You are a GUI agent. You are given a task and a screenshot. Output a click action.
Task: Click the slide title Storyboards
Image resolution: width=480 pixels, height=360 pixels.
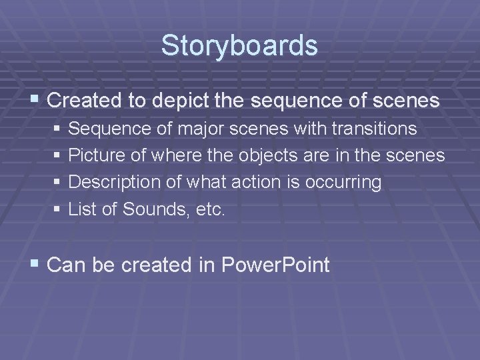[239, 46]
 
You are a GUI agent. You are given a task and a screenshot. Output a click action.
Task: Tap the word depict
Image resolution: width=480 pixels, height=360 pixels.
[177, 101]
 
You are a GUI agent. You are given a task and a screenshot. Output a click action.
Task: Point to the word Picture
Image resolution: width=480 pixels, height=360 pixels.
[93, 155]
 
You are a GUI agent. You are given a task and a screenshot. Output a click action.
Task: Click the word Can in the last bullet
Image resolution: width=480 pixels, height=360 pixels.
[64, 265]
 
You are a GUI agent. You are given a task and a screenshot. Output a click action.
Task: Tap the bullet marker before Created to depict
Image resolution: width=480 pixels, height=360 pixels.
[36, 101]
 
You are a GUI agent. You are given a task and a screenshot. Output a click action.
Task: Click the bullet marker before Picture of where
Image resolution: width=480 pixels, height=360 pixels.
[58, 156]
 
